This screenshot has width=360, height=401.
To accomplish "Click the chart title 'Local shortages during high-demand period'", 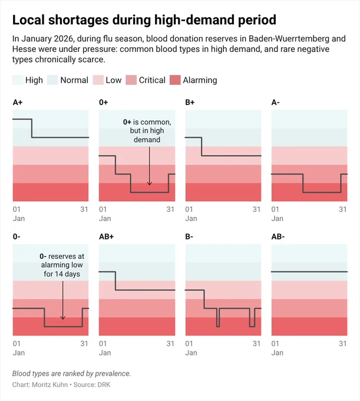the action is pyautogui.click(x=144, y=20).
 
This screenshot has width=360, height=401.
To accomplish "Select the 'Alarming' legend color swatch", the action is pyautogui.click(x=175, y=80).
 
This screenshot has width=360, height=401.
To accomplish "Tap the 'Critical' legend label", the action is pyautogui.click(x=152, y=80).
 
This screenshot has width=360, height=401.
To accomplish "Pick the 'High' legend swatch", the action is pyautogui.click(x=18, y=80).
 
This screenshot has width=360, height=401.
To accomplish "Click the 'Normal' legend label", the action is pyautogui.click(x=74, y=80).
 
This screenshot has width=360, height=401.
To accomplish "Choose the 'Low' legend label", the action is pyautogui.click(x=114, y=80).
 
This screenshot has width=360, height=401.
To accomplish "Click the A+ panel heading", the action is pyautogui.click(x=18, y=102).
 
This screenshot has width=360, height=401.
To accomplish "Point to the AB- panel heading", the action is pyautogui.click(x=278, y=236).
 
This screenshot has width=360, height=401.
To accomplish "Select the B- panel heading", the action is pyautogui.click(x=189, y=236).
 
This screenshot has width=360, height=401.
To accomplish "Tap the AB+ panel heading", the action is pyautogui.click(x=106, y=236).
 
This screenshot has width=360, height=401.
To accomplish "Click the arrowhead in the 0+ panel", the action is pyautogui.click(x=150, y=183).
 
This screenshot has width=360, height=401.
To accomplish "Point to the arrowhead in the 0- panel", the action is pyautogui.click(x=62, y=318).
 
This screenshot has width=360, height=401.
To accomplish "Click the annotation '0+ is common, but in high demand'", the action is pyautogui.click(x=147, y=131).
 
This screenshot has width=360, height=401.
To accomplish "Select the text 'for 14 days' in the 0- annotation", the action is pyautogui.click(x=62, y=274).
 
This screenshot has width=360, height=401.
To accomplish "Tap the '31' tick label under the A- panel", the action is pyautogui.click(x=343, y=209).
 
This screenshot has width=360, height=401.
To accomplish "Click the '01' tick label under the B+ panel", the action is pyautogui.click(x=189, y=209).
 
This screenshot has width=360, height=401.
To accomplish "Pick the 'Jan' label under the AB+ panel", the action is pyautogui.click(x=105, y=353).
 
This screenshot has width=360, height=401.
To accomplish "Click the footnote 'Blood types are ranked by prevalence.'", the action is pyautogui.click(x=71, y=374).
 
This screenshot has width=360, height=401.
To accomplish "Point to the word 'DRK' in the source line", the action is pyautogui.click(x=104, y=384).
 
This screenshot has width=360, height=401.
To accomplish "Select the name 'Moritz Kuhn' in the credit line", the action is pyautogui.click(x=50, y=384).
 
